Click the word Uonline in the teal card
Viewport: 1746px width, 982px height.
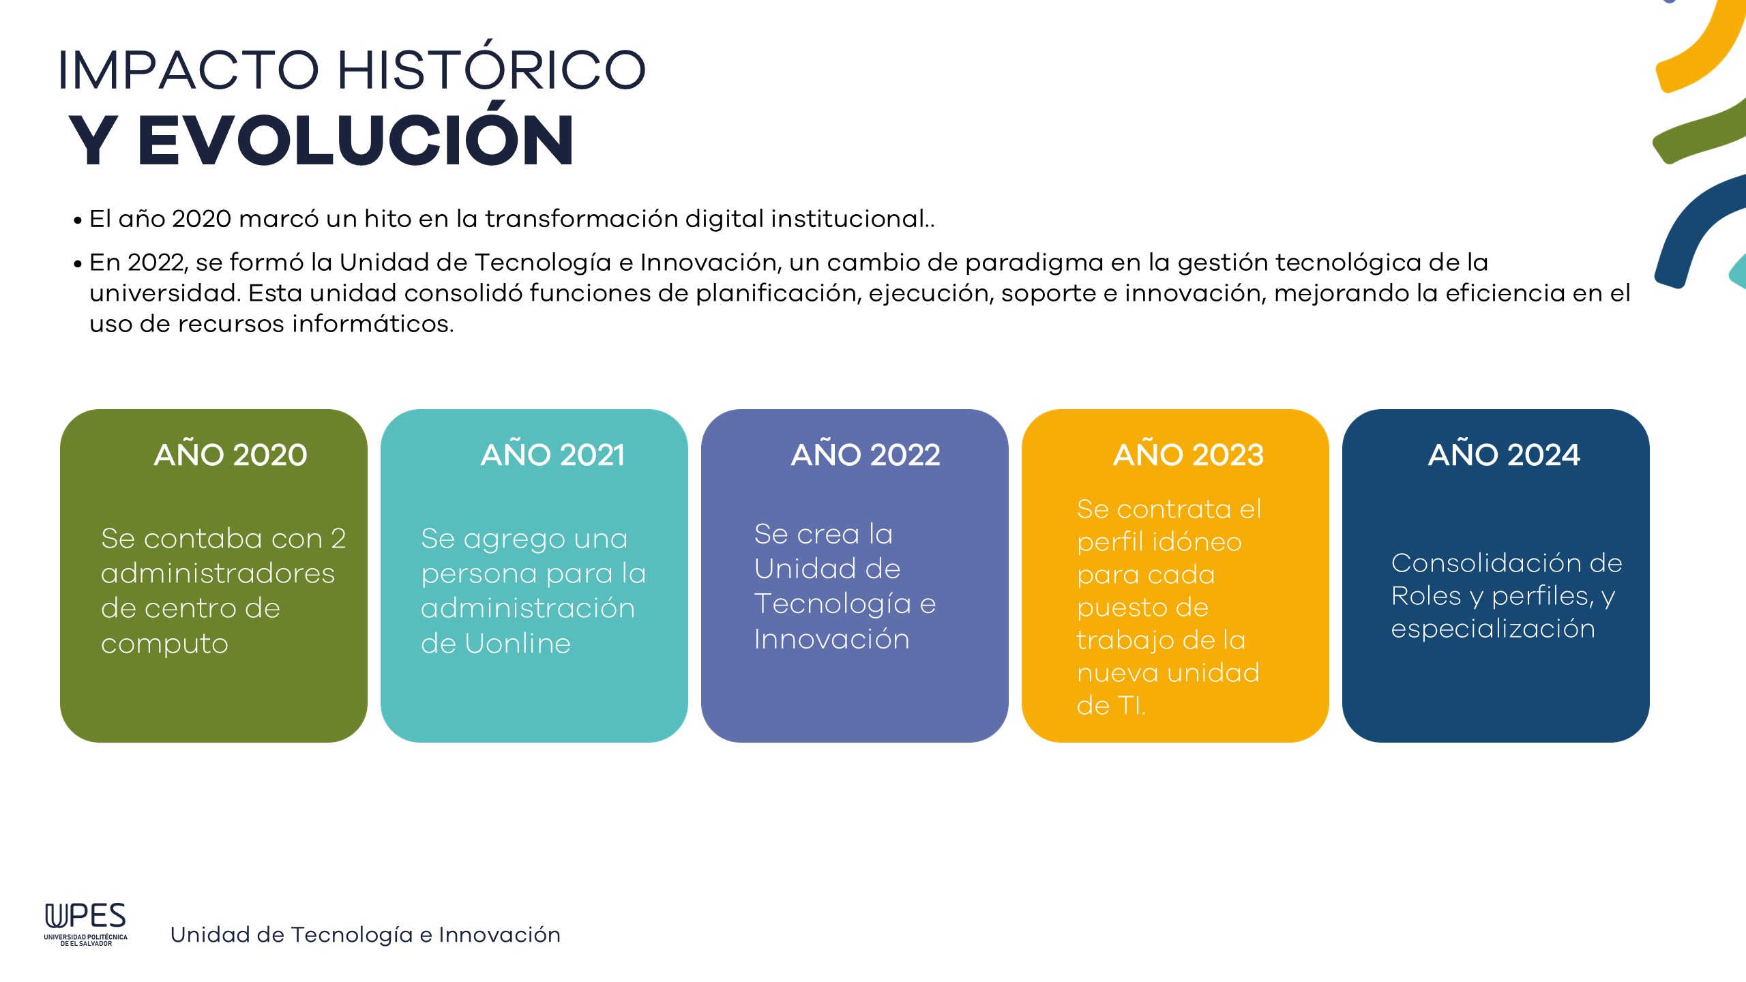[x=518, y=643]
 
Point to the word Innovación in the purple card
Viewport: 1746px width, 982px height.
[x=832, y=639]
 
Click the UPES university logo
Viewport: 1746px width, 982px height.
[x=86, y=924]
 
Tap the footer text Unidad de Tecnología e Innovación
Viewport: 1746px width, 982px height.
[x=366, y=934]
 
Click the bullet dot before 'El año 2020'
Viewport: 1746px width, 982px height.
[x=78, y=221]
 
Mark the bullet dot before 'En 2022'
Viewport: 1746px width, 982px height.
[x=78, y=264]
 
